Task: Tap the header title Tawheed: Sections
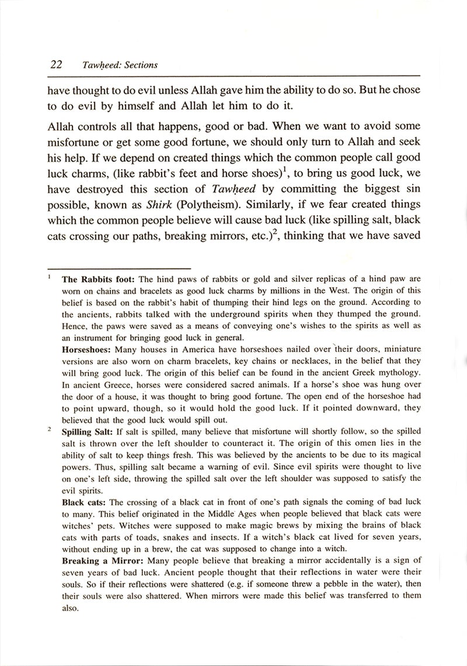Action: coord(120,65)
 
